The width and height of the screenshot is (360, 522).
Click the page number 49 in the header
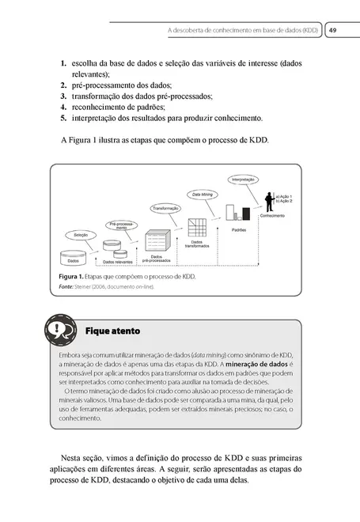tap(333, 31)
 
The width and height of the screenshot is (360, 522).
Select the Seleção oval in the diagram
tap(81, 235)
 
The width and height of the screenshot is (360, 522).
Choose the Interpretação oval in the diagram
tap(243, 180)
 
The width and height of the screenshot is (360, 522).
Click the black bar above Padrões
tap(248, 213)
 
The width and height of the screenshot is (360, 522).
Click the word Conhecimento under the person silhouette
tap(271, 216)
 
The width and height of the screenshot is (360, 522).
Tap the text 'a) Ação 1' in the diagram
tap(285, 195)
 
